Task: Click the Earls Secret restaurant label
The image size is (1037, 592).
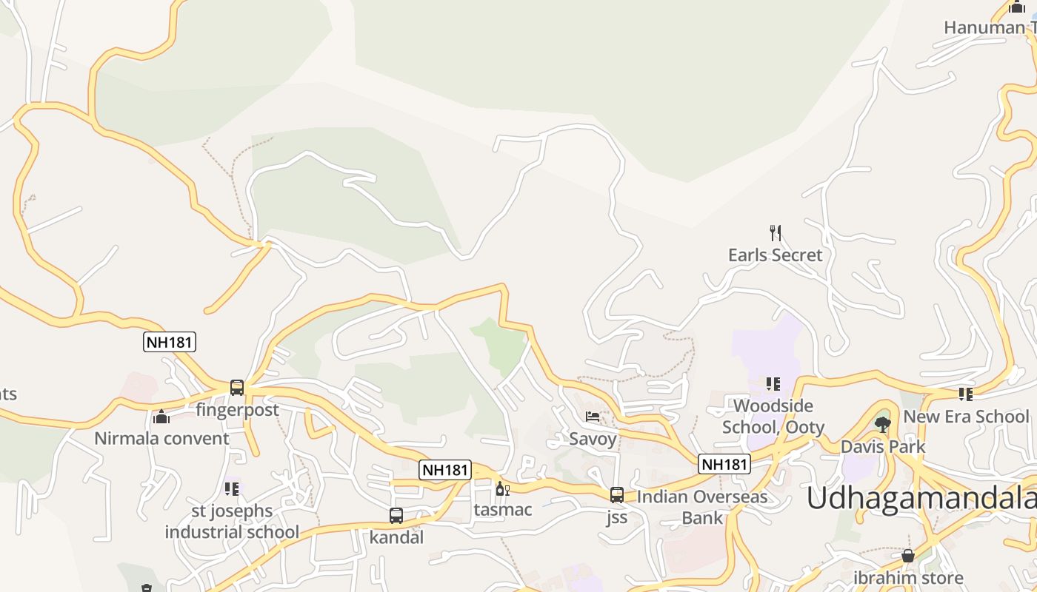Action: (x=775, y=255)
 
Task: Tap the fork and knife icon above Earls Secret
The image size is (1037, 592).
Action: (x=776, y=233)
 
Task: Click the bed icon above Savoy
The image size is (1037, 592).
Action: (x=593, y=417)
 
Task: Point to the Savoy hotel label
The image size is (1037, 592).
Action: (x=593, y=439)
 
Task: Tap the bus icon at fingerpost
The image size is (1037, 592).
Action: (x=237, y=387)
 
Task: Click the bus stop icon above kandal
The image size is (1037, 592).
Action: (x=396, y=516)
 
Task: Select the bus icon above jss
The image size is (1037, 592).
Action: (x=617, y=495)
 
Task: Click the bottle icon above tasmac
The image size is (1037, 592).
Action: (x=502, y=488)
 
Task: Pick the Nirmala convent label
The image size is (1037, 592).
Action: (x=161, y=438)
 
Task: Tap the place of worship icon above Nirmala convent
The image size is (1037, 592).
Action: (x=161, y=417)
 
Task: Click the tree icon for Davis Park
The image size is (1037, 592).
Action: (x=882, y=424)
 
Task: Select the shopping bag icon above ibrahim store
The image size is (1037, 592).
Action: (x=908, y=556)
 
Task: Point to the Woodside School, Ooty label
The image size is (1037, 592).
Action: (x=773, y=417)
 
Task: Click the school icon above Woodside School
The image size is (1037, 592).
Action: (x=773, y=383)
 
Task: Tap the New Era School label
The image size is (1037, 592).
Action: (x=966, y=417)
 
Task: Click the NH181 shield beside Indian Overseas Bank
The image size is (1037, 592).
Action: (x=724, y=464)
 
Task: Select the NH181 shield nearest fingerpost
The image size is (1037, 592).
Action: (x=170, y=342)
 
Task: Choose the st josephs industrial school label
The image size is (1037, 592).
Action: (x=232, y=522)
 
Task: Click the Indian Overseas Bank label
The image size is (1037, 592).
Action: (x=702, y=507)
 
